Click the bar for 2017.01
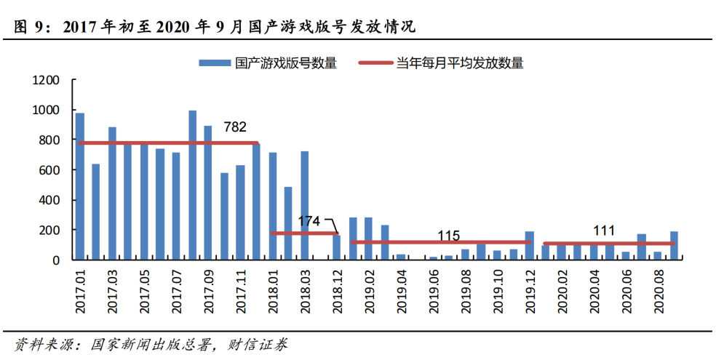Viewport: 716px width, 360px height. [80, 186]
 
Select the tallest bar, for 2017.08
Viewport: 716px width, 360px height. [193, 185]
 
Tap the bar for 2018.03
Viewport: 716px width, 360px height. [305, 205]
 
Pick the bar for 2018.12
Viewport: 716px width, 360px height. [337, 247]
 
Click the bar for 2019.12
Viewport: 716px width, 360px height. [530, 246]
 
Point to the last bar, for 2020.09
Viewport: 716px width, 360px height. [674, 246]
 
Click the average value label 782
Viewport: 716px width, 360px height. [235, 127]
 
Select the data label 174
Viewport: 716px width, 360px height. [309, 221]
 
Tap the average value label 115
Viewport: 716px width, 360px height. [449, 236]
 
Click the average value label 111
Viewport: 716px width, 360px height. [604, 231]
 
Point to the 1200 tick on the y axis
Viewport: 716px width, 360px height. [46, 80]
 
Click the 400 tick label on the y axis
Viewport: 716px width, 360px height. [49, 200]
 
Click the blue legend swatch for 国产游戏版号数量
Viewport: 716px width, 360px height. [215, 63]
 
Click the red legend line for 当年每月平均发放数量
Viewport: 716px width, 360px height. [375, 63]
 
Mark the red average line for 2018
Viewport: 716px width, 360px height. [305, 233]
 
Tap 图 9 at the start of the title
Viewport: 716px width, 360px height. [29, 28]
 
